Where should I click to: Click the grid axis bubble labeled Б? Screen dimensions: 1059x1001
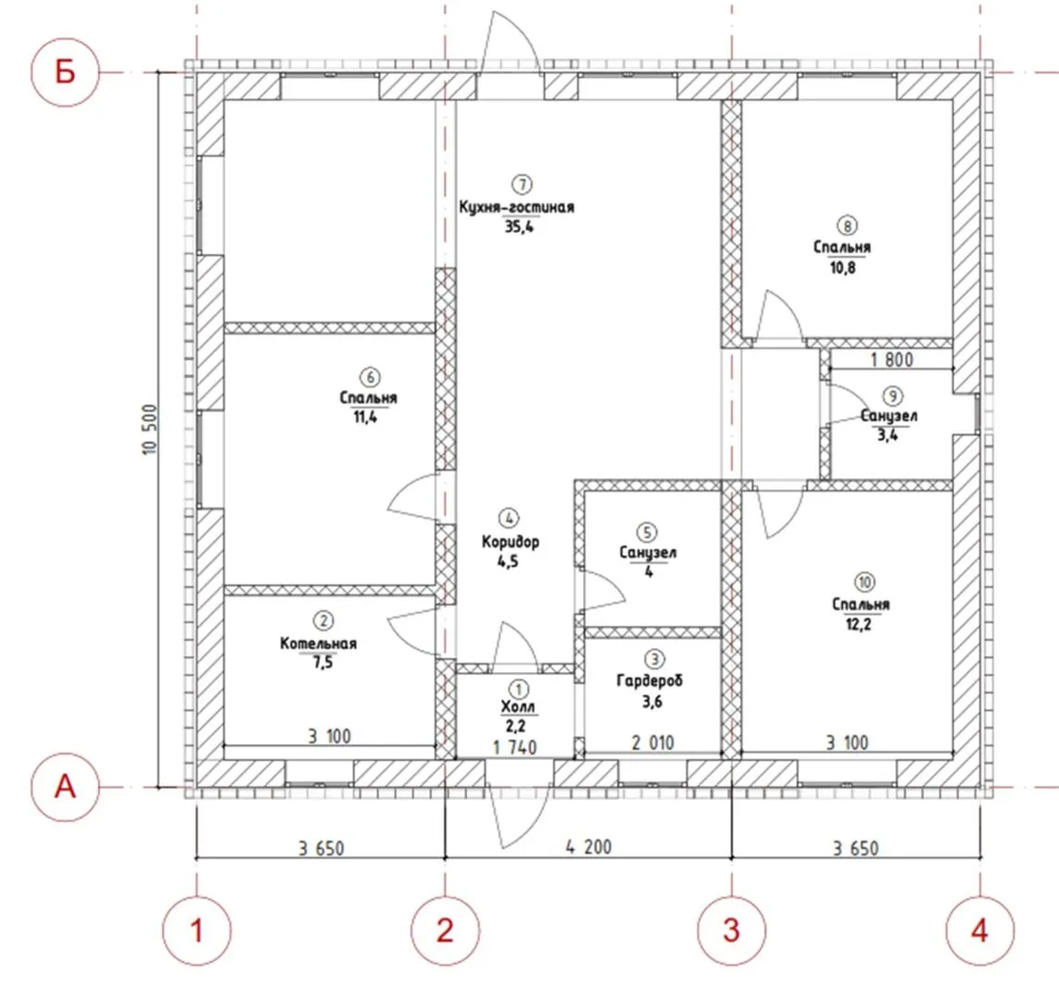[65, 71]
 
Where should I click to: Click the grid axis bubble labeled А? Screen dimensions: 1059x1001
[65, 787]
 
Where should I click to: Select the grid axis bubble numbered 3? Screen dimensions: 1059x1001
[732, 931]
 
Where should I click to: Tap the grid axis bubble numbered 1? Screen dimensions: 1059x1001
[196, 931]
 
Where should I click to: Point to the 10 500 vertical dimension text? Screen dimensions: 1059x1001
[149, 429]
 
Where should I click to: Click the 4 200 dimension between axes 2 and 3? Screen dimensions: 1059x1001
[588, 846]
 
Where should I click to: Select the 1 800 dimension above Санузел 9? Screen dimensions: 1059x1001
[891, 360]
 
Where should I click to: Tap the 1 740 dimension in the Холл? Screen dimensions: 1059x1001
[514, 747]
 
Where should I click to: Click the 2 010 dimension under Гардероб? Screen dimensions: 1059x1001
[652, 743]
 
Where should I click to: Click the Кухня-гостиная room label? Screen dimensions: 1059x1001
[517, 207]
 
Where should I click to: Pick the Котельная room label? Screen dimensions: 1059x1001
[318, 643]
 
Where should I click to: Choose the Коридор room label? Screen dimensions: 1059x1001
[511, 541]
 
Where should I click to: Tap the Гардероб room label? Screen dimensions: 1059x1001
[649, 680]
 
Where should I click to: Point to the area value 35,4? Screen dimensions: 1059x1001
[519, 227]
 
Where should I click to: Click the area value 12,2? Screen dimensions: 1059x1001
[859, 624]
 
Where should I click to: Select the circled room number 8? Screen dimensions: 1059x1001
[847, 225]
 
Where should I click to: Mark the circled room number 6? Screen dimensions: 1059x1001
[370, 377]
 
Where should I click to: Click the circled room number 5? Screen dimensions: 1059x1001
[647, 532]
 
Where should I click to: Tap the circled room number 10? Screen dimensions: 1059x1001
[864, 581]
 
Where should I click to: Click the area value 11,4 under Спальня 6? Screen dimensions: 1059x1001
[365, 417]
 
